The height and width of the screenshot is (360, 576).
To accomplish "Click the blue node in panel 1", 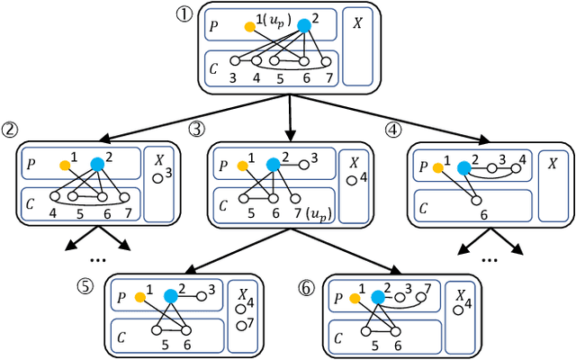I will click(x=303, y=26).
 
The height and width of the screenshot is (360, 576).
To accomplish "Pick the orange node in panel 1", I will click(x=250, y=27).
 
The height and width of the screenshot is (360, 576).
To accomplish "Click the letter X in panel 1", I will click(x=357, y=22).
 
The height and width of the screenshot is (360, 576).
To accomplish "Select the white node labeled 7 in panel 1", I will click(x=328, y=61).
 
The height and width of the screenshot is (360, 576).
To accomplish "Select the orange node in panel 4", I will click(x=436, y=167).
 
